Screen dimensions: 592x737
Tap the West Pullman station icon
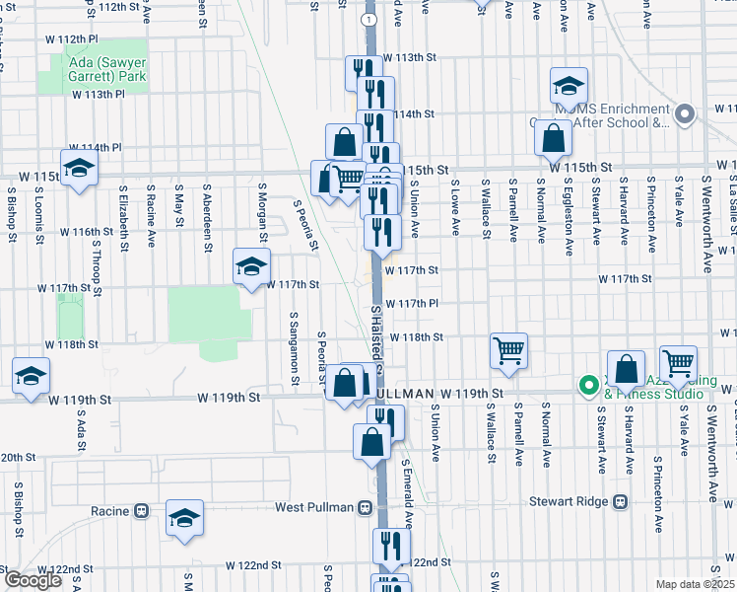click(x=365, y=508)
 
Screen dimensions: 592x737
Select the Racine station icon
click(x=141, y=511)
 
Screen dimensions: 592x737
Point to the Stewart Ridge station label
click(x=570, y=501)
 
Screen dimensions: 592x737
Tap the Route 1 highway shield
click(x=368, y=20)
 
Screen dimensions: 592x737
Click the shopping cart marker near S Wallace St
click(x=508, y=350)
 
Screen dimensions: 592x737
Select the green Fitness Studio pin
click(x=588, y=385)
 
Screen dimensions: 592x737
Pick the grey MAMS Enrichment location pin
click(x=688, y=114)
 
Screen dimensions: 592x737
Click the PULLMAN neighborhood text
click(x=408, y=394)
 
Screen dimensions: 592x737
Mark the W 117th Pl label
click(x=411, y=303)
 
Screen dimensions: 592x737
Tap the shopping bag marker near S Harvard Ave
click(x=626, y=371)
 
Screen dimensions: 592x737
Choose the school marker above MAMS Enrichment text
click(x=569, y=87)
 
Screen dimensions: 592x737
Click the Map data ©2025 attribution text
click(x=696, y=584)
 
